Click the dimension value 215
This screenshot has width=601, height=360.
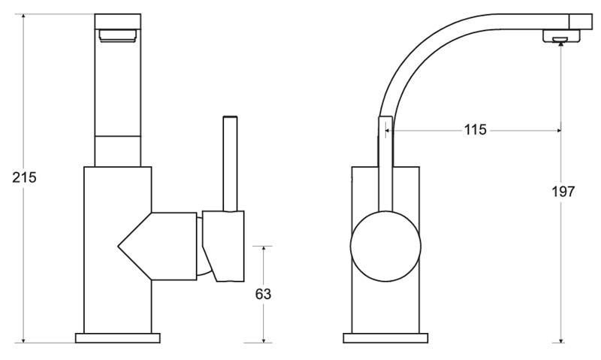(24, 177)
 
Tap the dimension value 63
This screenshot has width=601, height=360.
(263, 294)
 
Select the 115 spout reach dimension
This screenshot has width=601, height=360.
(476, 129)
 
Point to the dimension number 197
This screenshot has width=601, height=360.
(563, 192)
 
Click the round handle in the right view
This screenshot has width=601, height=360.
(385, 247)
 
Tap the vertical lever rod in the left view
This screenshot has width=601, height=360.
(230, 164)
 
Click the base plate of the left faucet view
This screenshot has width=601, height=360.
(118, 338)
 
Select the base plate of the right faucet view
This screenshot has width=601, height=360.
(385, 338)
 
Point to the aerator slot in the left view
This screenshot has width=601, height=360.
(118, 35)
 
